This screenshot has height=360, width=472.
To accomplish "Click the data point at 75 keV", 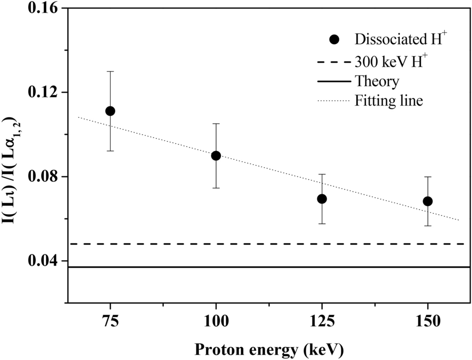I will [x=110, y=111].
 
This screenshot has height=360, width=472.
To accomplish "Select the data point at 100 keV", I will [x=216, y=156].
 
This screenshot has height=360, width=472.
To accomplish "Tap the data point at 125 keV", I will [x=322, y=199].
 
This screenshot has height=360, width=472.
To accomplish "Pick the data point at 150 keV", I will [x=428, y=201].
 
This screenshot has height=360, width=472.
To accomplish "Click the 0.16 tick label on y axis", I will [x=43, y=8].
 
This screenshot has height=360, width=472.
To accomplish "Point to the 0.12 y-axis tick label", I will [x=43, y=92].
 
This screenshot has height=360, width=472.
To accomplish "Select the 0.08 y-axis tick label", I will [x=43, y=176].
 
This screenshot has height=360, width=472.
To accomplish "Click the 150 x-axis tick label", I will [x=428, y=322].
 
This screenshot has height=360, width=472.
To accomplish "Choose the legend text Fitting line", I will [x=389, y=101].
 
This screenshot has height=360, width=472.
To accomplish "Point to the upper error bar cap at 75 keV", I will [x=110, y=71].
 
